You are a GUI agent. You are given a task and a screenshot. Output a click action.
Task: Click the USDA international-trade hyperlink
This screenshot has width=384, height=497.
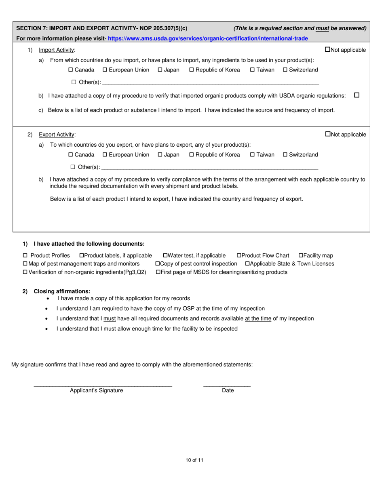(x=208, y=38)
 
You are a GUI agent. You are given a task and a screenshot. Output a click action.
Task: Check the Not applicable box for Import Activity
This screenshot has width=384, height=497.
(x=328, y=50)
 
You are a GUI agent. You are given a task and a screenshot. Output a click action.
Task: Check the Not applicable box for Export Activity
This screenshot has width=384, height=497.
(x=328, y=134)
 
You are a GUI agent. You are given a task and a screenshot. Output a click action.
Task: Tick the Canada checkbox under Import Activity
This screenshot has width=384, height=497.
(x=71, y=70)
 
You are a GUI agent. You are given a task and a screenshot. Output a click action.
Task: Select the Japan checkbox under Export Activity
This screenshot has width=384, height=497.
(x=160, y=155)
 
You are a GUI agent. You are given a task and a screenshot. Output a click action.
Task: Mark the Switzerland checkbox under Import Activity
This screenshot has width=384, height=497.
(x=285, y=70)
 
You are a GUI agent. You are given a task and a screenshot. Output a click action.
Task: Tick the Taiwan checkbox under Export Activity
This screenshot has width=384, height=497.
(x=252, y=155)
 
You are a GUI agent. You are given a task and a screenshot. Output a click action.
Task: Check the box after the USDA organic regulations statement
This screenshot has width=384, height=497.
(x=357, y=95)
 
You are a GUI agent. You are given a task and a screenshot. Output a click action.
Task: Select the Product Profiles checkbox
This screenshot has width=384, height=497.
(x=25, y=256)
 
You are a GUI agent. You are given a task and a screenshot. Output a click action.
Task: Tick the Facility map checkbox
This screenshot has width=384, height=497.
(x=301, y=256)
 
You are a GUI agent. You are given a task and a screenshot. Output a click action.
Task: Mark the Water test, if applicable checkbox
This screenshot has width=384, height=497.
(x=165, y=256)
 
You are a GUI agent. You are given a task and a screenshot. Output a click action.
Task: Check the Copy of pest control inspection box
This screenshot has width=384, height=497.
(x=158, y=264)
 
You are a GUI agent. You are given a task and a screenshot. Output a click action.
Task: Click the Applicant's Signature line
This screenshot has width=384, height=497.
(x=103, y=384)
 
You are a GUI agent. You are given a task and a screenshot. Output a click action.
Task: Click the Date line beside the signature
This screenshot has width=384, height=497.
(x=227, y=384)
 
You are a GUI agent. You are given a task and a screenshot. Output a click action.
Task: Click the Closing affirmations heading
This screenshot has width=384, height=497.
(x=62, y=291)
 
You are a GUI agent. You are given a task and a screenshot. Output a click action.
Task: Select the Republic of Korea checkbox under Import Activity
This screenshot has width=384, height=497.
(x=192, y=70)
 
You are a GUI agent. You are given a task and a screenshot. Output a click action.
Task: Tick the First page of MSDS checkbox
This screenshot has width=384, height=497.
(x=158, y=272)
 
